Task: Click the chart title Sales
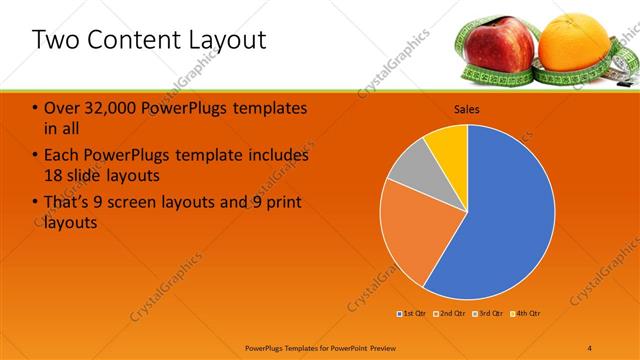467,108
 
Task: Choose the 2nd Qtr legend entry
450,314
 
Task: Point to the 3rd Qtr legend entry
488,314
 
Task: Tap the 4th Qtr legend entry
526,314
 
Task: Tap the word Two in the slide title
56,40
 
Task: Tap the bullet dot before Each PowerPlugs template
37,156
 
